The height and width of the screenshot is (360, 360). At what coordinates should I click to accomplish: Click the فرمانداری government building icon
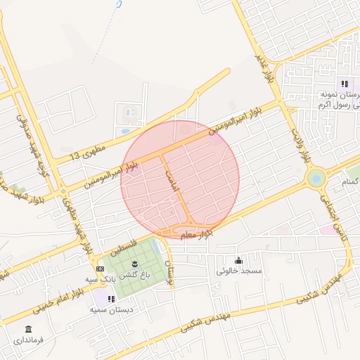click(27, 329)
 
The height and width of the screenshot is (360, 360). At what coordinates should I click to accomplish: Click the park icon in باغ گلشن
click(135, 264)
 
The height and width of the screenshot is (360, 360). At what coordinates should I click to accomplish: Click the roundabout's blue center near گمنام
click(317, 178)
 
